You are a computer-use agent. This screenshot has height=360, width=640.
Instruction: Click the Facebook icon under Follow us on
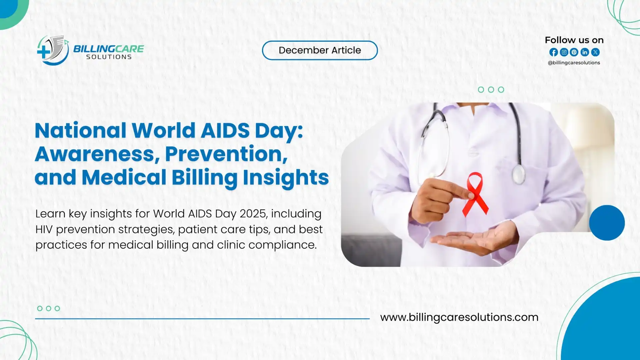click(553, 52)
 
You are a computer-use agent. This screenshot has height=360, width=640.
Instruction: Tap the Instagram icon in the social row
click(564, 52)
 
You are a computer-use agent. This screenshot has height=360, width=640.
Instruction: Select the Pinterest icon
click(574, 52)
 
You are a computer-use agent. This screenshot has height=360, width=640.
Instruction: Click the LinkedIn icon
click(585, 52)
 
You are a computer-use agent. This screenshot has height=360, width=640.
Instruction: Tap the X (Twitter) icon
click(595, 52)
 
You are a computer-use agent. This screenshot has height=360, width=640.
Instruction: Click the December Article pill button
click(320, 50)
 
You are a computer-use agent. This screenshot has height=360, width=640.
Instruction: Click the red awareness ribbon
click(475, 193)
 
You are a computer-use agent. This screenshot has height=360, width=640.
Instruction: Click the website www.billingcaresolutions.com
click(459, 317)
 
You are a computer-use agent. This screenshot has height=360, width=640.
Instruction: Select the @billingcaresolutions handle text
click(574, 63)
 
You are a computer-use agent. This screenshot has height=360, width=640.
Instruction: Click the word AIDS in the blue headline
click(225, 130)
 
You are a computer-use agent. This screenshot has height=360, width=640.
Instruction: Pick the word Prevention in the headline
click(226, 154)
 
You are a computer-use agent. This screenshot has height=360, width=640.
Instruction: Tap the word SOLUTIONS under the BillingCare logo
click(109, 57)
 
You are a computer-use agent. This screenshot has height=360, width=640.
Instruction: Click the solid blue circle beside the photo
click(607, 223)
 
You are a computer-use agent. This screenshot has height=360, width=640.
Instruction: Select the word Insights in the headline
click(286, 177)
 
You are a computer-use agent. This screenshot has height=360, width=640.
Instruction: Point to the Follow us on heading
click(574, 40)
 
